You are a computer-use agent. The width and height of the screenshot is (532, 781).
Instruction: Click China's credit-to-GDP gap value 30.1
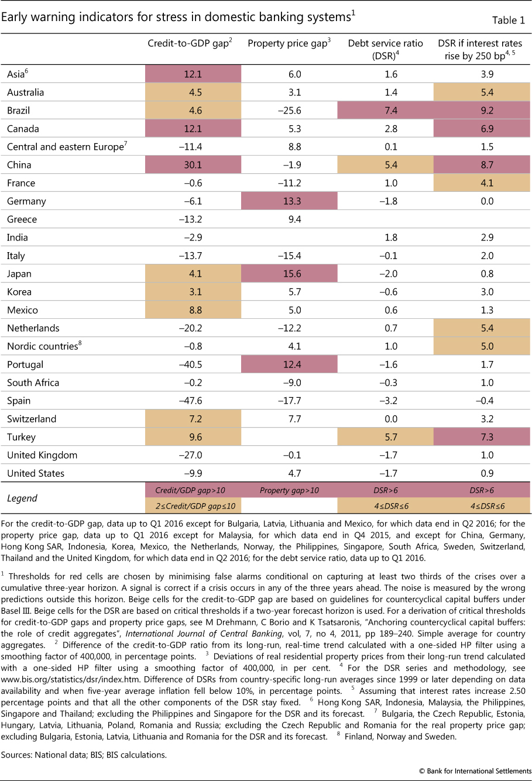tap(193, 165)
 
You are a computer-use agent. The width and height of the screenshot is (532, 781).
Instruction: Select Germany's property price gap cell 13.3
tap(290, 201)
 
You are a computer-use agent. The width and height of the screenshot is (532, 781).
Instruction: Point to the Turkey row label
tap(21, 437)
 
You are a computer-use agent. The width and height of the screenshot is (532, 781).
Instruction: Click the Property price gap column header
tap(289, 43)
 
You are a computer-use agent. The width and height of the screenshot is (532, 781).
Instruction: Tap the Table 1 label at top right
tap(508, 20)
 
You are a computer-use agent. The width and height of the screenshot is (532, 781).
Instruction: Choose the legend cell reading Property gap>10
tap(290, 490)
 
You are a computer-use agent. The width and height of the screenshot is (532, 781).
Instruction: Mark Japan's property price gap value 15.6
tap(290, 274)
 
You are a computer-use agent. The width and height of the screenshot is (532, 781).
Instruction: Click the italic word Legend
tap(22, 498)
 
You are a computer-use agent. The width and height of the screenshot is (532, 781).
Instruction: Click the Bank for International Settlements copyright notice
tap(475, 770)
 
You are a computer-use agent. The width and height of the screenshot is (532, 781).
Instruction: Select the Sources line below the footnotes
tap(84, 755)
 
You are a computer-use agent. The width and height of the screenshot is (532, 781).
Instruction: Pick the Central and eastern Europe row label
tap(65, 147)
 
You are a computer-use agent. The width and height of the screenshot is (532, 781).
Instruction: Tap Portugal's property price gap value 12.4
tap(290, 364)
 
